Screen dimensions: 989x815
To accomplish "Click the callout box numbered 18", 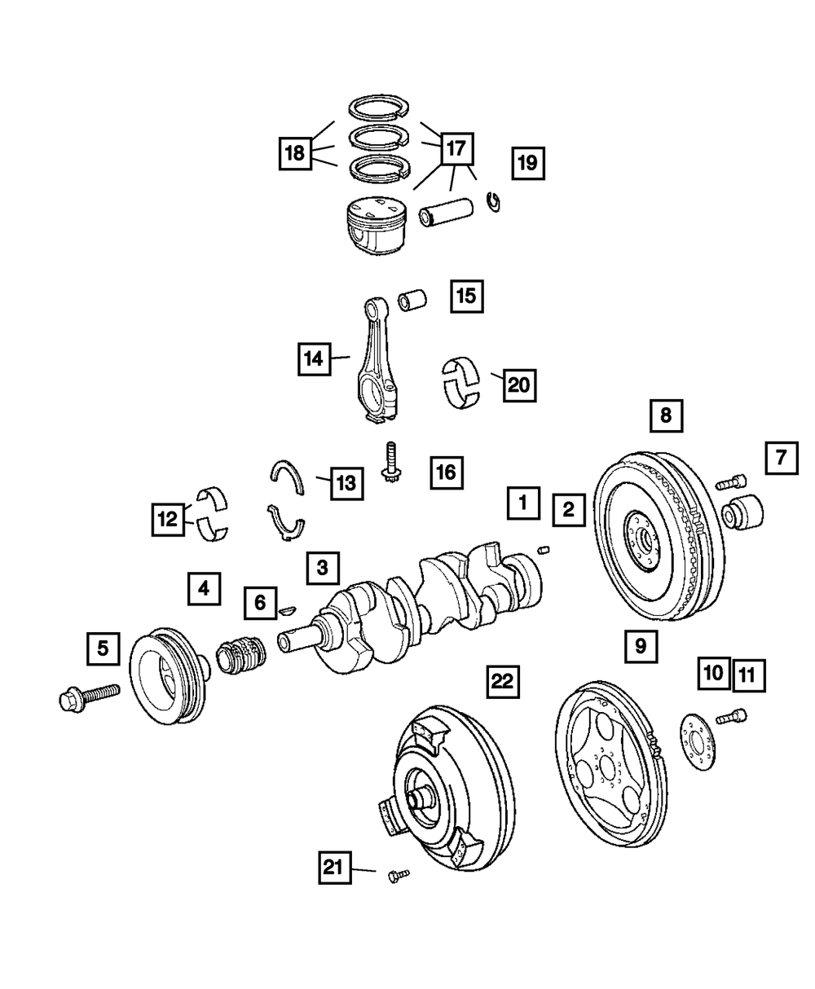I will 295,152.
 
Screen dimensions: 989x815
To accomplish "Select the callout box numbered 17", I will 456,148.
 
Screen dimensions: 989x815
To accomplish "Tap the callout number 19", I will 527,163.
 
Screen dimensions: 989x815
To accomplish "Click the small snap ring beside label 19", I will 493,201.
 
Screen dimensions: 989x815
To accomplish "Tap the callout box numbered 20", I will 520,385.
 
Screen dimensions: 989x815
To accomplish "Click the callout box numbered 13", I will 346,483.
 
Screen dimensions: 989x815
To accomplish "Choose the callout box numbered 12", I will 167,519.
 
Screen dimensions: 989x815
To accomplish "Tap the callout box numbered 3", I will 323,568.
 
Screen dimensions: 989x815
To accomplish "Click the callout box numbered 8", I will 666,415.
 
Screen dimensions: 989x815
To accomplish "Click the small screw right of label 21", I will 399,874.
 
